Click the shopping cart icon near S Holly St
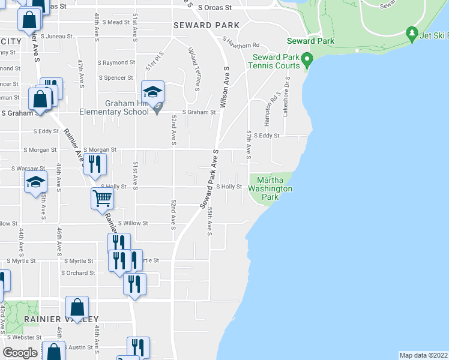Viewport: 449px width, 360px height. [x=102, y=198]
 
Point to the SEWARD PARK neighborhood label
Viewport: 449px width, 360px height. [x=206, y=25]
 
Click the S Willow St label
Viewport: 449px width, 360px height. [x=133, y=223]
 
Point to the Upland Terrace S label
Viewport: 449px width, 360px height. [x=193, y=65]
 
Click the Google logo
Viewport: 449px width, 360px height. [x=20, y=353]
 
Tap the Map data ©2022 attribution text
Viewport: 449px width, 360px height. [x=424, y=355]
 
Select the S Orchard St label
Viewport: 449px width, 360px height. [x=78, y=273]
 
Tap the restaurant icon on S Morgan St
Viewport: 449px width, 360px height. [x=94, y=164]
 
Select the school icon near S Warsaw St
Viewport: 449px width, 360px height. [x=35, y=182]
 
